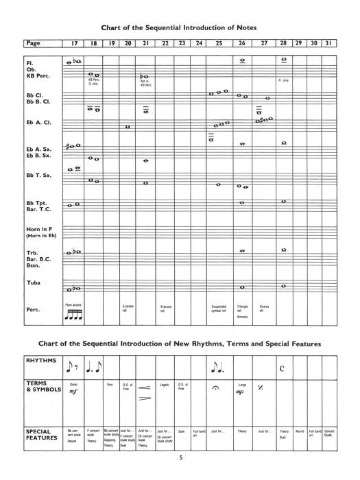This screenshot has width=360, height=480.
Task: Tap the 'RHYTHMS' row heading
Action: (x=42, y=359)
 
